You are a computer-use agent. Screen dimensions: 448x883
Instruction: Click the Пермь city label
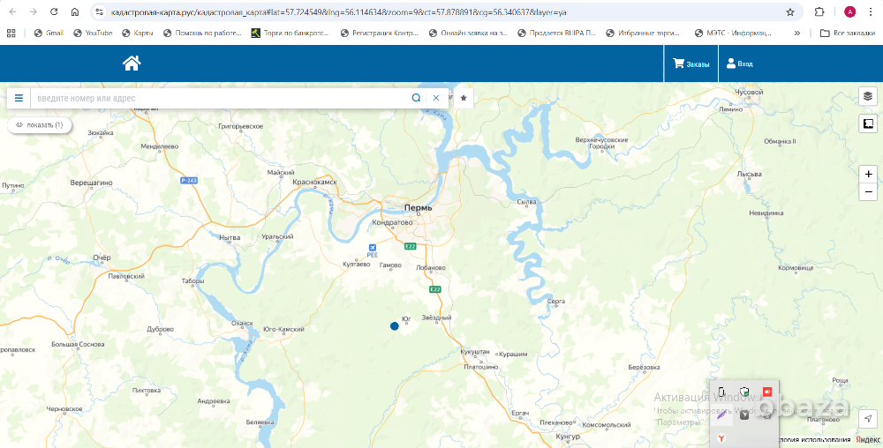pos(418,208)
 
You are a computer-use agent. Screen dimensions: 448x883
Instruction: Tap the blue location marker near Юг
pos(394,326)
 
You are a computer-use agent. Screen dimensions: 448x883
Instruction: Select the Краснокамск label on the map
pos(315,183)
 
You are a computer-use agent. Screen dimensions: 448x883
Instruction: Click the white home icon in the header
pos(132,63)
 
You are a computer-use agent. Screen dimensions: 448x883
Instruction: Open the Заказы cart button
pos(691,63)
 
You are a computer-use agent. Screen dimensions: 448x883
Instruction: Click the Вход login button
pos(739,63)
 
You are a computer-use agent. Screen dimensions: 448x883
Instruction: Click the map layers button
pos(867,96)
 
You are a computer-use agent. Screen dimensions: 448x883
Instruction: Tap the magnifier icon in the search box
pos(416,98)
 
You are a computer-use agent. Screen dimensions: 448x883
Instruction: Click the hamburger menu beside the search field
pos(19,98)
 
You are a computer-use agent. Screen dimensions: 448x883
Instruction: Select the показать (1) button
pos(40,125)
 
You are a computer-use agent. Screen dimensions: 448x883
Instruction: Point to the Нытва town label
pos(229,238)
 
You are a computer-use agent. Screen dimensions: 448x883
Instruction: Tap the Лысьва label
pos(749,174)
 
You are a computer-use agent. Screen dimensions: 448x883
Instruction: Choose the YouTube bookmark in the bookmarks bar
pos(93,33)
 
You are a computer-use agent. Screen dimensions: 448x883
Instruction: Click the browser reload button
pos(54,12)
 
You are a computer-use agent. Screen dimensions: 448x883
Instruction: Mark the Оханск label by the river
pos(241,323)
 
